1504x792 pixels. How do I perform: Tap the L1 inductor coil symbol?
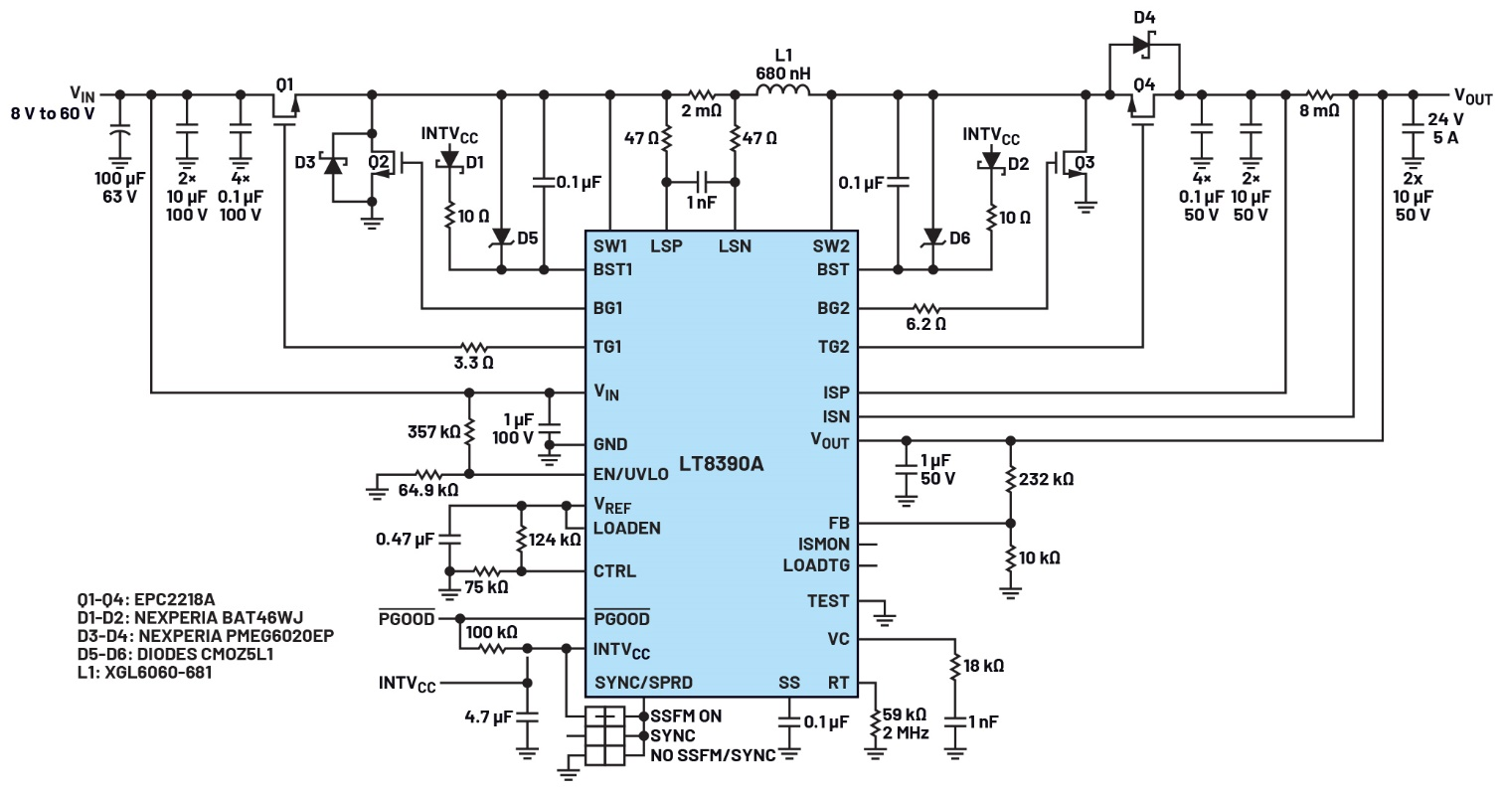(x=783, y=93)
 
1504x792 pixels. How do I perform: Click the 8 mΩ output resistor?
(x=1319, y=94)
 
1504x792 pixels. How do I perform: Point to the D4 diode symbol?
(x=1142, y=45)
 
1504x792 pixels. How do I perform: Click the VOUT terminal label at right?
(x=1472, y=96)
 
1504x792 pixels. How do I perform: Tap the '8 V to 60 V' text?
(x=52, y=112)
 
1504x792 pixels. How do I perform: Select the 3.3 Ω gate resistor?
(x=473, y=348)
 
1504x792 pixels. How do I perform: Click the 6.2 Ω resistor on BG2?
(x=924, y=308)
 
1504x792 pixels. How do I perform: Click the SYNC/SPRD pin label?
(x=642, y=683)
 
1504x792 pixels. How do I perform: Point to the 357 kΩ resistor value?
(x=432, y=432)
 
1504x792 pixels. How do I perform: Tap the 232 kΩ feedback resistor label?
(x=1047, y=479)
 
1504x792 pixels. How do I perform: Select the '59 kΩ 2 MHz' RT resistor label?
(x=906, y=723)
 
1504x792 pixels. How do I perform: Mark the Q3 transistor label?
(x=1086, y=163)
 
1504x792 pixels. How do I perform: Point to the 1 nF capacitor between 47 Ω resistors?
(x=701, y=183)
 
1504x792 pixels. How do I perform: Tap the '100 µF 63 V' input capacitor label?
(x=118, y=187)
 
